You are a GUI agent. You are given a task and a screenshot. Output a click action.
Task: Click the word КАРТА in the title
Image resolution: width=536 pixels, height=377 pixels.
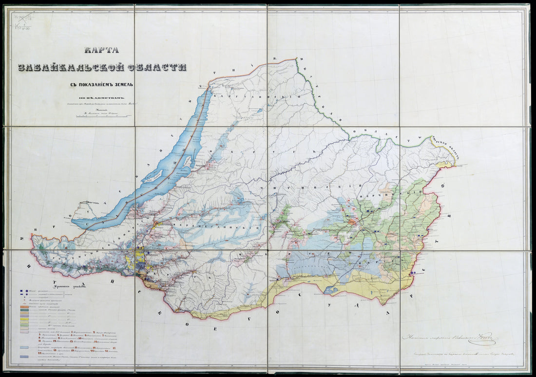click(x=102, y=50)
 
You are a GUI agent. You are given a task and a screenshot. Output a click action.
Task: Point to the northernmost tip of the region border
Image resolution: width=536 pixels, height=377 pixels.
click(x=295, y=59)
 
